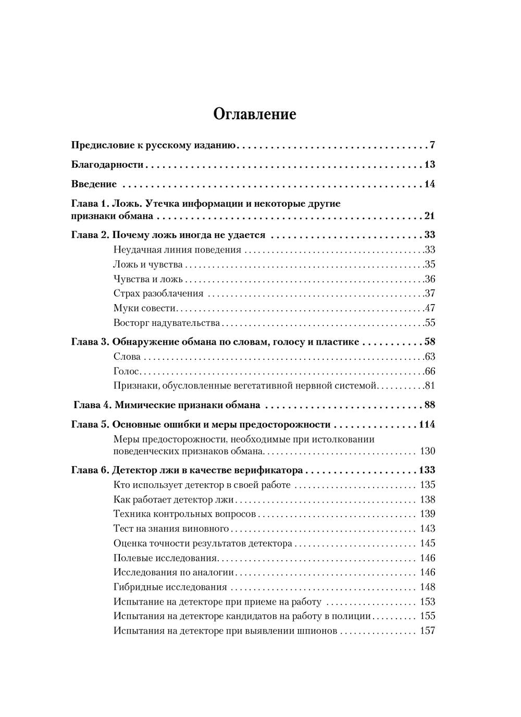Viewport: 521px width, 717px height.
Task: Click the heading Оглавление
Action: [255, 114]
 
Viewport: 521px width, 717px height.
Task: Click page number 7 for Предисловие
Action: [432, 145]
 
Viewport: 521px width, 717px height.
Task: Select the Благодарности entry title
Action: [107, 165]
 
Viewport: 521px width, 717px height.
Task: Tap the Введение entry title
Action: [93, 184]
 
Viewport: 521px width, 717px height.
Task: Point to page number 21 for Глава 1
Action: [429, 216]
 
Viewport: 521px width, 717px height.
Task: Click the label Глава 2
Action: [89, 235]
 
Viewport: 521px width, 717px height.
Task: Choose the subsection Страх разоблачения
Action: [158, 293]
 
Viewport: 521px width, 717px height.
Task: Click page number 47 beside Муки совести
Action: [429, 308]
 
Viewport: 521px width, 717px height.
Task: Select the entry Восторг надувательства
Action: [166, 323]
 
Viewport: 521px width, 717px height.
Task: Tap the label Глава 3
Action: [89, 342]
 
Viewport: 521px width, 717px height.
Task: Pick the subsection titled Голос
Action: [126, 371]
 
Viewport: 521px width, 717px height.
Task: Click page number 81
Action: [429, 386]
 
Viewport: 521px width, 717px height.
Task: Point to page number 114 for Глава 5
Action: [426, 424]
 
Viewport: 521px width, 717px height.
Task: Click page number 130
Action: [427, 451]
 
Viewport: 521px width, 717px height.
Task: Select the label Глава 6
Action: [89, 470]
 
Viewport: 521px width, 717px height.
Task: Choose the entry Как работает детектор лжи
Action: [173, 500]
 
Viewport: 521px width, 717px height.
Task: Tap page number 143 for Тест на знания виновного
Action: [427, 529]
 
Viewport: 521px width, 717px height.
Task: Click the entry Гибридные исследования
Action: [170, 587]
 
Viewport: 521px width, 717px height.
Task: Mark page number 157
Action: [427, 631]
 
